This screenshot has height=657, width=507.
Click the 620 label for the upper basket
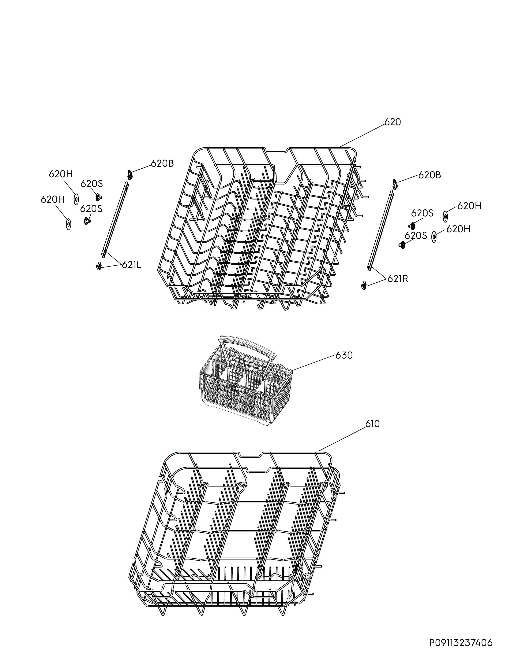(x=393, y=122)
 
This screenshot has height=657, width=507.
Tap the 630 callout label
(x=344, y=355)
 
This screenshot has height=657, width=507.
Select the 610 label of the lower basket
(x=372, y=424)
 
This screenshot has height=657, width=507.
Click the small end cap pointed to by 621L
(x=98, y=266)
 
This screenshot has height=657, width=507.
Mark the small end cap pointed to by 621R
(x=364, y=285)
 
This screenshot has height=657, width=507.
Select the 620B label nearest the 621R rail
(x=429, y=175)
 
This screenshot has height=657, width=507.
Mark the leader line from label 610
(x=342, y=440)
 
